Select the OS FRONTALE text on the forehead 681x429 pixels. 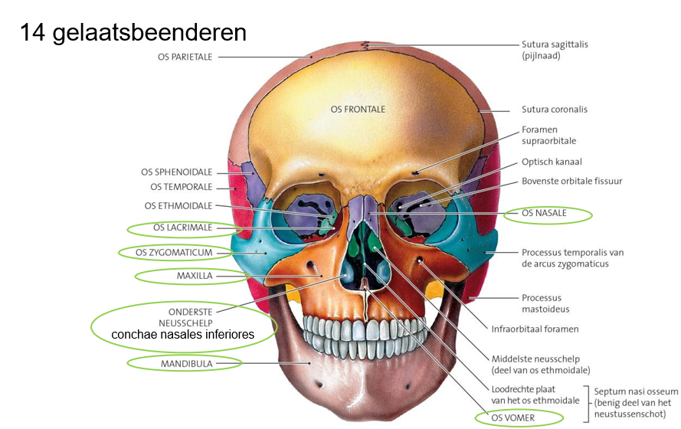[x=358, y=110]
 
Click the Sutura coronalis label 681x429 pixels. [x=555, y=110]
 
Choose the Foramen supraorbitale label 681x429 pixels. [x=549, y=135]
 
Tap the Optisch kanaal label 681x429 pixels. [x=552, y=162]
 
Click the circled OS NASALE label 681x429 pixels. [x=545, y=213]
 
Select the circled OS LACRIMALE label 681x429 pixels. [x=182, y=228]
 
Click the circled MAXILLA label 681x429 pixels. [x=195, y=275]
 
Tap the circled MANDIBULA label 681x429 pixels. [x=186, y=363]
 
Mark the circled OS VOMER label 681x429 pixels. [x=515, y=418]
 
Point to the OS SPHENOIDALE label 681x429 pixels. [x=177, y=172]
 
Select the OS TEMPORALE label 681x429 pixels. [x=182, y=187]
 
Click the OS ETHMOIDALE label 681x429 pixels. [x=178, y=205]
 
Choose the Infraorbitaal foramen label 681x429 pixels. [x=535, y=329]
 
